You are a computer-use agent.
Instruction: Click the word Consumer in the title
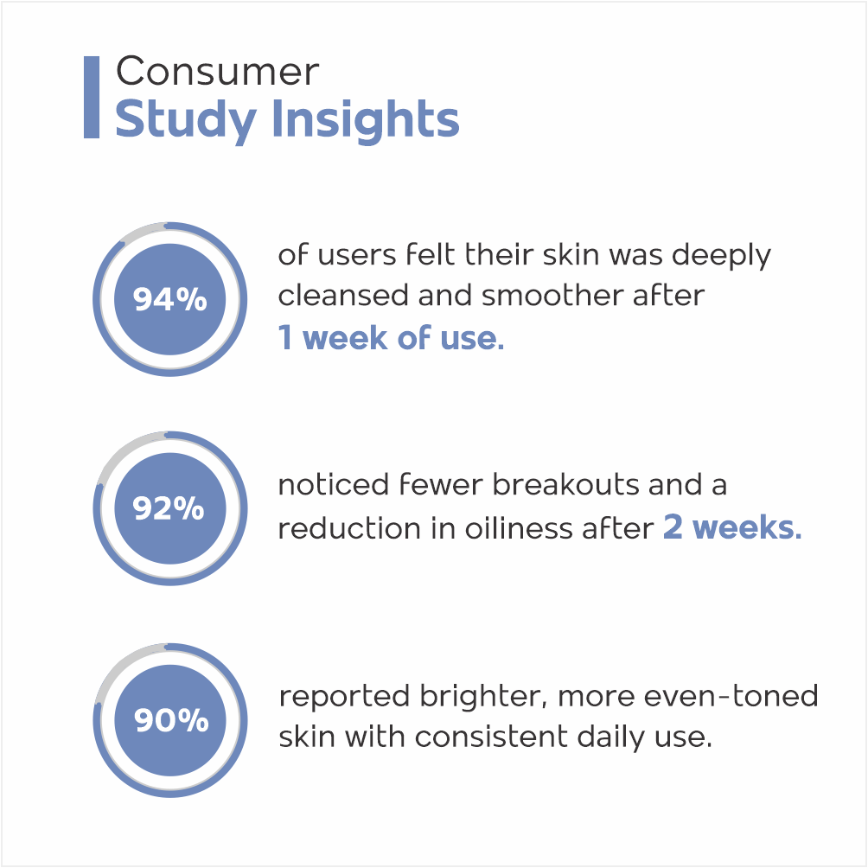pyautogui.click(x=218, y=72)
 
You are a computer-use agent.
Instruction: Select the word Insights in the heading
pyautogui.click(x=366, y=118)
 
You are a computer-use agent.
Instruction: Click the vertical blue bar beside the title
pyautogui.click(x=92, y=97)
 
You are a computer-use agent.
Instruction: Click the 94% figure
pyautogui.click(x=170, y=299)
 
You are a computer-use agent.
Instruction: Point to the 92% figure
pyautogui.click(x=169, y=508)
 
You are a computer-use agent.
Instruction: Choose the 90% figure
pyautogui.click(x=171, y=720)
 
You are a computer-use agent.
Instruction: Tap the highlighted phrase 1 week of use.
pyautogui.click(x=392, y=338)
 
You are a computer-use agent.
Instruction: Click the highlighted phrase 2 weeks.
pyautogui.click(x=732, y=527)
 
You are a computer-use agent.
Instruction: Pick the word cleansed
pyautogui.click(x=344, y=296)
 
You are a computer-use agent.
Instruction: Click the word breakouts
pyautogui.click(x=566, y=485)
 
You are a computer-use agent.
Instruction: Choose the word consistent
pyautogui.click(x=492, y=737)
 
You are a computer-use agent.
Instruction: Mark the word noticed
pyautogui.click(x=333, y=485)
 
